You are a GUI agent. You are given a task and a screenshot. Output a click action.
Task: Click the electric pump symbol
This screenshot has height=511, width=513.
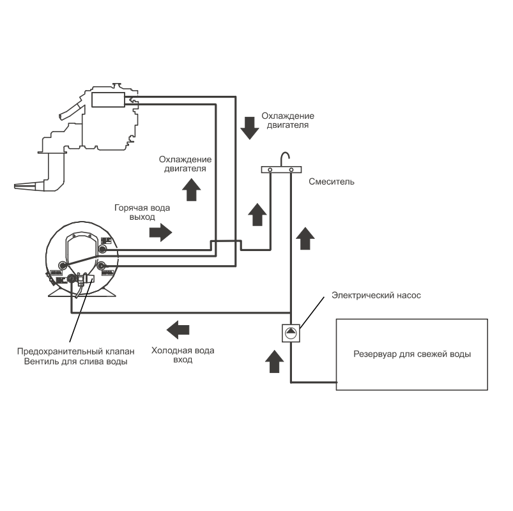291,332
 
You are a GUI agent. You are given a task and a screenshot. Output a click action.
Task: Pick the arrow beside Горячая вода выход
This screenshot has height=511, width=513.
160,232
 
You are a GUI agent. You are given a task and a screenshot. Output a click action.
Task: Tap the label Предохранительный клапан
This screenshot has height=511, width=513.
76,351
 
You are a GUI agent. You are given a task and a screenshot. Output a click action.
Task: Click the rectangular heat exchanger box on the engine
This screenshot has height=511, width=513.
109,100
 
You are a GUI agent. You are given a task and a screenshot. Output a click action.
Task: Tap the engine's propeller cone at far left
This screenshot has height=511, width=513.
26,187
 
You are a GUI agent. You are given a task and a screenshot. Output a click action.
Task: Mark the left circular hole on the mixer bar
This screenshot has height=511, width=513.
270,170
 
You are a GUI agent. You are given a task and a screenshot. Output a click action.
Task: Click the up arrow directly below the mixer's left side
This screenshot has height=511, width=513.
257,214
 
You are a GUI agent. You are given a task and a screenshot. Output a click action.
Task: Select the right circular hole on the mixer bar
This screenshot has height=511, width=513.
291,170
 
